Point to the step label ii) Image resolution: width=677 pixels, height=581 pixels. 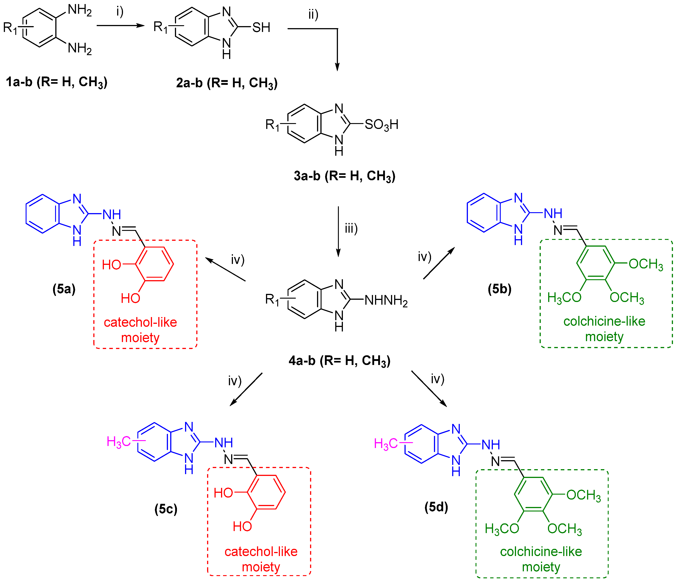pos(313,15)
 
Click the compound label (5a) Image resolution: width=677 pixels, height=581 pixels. pos(64,289)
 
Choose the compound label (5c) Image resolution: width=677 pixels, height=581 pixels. pos(166,509)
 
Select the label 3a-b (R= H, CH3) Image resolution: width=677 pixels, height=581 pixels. pos(344,176)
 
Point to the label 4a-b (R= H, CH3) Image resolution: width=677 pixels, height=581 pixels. pos(340,361)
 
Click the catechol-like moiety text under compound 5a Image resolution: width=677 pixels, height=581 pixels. pos(140,330)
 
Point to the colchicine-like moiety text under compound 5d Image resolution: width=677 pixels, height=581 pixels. pos(541,559)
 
